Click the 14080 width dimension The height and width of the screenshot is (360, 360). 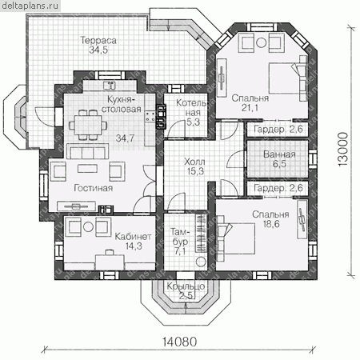point(180,342)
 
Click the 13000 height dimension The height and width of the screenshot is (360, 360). point(343,150)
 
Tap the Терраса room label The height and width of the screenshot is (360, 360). point(98,40)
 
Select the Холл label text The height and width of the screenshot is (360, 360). point(194,162)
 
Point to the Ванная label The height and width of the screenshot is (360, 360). point(279,154)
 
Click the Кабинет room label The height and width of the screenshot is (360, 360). point(133,236)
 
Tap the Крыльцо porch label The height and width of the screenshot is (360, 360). point(186,286)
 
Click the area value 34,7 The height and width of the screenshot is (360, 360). point(125,138)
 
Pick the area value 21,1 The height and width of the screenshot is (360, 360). point(250,108)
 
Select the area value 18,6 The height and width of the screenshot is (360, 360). point(271,224)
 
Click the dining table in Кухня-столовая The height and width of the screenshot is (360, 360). point(88,125)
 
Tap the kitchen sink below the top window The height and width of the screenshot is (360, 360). point(110,85)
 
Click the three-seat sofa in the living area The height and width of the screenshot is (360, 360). point(88,151)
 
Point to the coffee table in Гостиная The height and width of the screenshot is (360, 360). point(88,168)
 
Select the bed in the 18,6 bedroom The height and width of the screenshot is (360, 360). point(236,238)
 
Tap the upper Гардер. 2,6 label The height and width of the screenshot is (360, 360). point(278,130)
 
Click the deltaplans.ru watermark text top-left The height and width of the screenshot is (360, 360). point(30,6)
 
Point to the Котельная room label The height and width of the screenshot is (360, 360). point(191,108)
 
